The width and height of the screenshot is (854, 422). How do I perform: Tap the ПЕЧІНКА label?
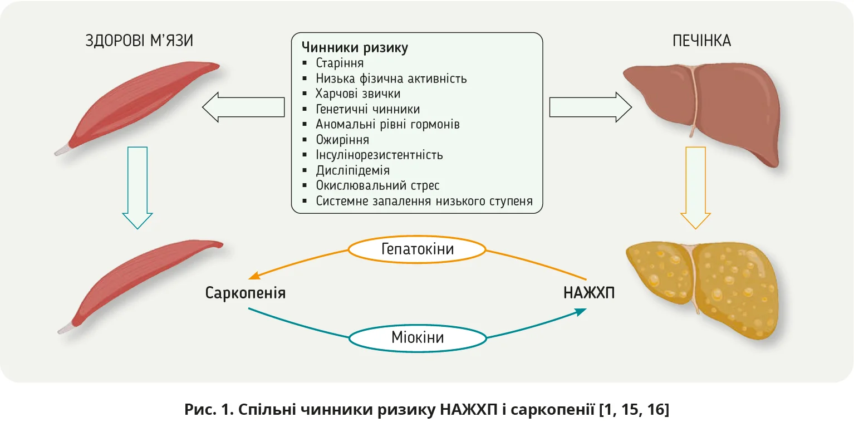coord(701,41)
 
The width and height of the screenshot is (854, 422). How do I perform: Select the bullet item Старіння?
coord(340,63)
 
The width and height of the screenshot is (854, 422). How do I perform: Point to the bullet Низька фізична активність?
coord(391,78)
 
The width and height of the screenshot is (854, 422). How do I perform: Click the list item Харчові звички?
coord(358,94)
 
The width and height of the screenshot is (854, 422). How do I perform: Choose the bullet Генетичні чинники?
coord(367,109)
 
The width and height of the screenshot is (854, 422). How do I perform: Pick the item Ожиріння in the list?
coord(342,140)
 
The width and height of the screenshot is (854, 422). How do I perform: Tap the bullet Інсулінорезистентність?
coord(379,155)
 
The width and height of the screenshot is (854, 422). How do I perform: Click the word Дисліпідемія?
coord(352,170)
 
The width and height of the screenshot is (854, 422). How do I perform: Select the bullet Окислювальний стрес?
coord(377,185)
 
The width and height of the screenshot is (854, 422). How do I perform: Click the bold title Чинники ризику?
coord(355,48)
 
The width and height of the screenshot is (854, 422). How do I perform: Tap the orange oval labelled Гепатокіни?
coord(418,249)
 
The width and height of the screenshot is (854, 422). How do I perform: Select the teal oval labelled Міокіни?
coord(418,337)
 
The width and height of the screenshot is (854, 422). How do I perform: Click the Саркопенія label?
coord(246,293)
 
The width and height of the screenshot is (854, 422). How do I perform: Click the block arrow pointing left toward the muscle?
coord(243,107)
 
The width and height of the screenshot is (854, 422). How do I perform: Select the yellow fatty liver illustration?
coord(704,287)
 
